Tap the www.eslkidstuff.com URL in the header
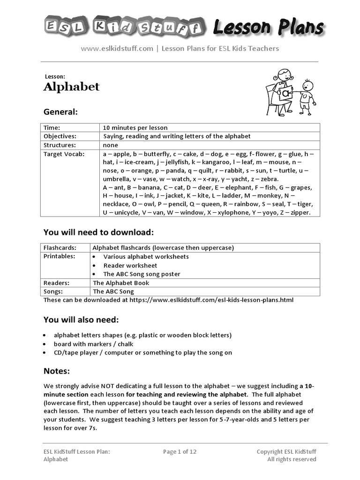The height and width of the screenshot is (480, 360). point(117,48)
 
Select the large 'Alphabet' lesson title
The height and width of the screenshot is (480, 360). point(71,87)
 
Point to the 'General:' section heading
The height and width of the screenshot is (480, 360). point(60,112)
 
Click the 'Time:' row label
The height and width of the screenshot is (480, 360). point(52,127)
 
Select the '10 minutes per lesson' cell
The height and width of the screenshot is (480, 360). point(135,127)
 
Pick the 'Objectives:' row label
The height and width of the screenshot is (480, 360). point(60,136)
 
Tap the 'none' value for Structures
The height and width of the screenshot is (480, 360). point(111,145)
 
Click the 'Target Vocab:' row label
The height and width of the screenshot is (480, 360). point(64,154)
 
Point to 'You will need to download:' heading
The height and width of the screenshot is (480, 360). point(98,232)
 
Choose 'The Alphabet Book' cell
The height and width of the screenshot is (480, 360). point(121,283)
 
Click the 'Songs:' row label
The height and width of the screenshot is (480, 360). point(53,291)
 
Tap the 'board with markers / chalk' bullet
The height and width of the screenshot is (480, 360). point(93,344)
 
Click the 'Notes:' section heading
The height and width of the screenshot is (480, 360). point(57,371)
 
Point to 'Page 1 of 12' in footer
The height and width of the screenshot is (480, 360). point(180,451)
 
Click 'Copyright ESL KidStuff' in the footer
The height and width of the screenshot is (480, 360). point(286,451)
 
